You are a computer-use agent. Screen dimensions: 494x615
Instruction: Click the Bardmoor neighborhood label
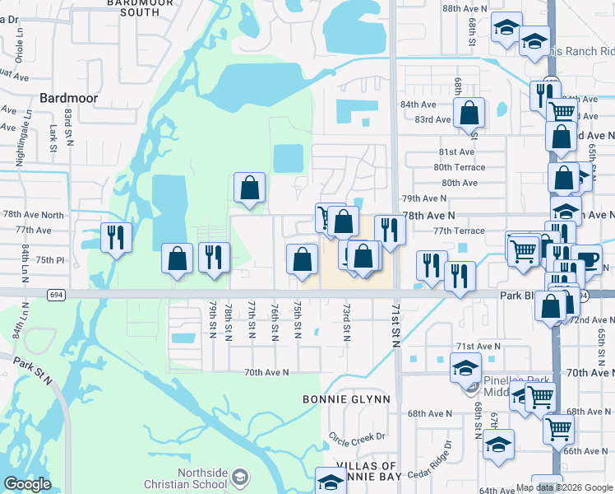click(x=69, y=98)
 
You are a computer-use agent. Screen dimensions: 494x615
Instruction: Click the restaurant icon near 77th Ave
click(x=115, y=238)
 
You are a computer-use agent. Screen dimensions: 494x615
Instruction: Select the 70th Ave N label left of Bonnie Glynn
click(x=266, y=372)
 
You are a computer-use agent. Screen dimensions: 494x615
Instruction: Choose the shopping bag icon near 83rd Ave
click(x=469, y=113)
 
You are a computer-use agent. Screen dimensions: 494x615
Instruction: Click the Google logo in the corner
click(x=28, y=484)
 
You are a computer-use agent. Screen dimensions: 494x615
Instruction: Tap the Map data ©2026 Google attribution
click(x=564, y=487)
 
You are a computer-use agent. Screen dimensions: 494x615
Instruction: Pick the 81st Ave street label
click(x=457, y=152)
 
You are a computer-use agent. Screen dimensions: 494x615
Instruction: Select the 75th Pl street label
click(x=49, y=260)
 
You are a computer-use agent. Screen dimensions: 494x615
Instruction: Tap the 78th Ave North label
click(x=33, y=215)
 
